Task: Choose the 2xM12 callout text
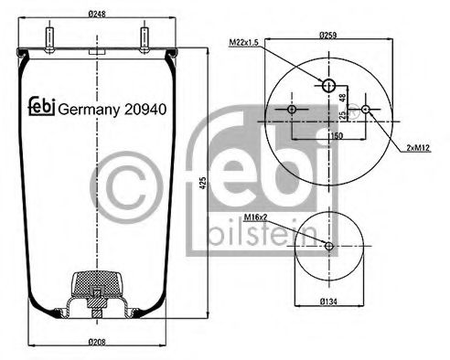[x=413, y=145]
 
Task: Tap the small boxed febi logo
[x=37, y=108]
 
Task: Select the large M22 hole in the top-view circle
[x=328, y=86]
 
